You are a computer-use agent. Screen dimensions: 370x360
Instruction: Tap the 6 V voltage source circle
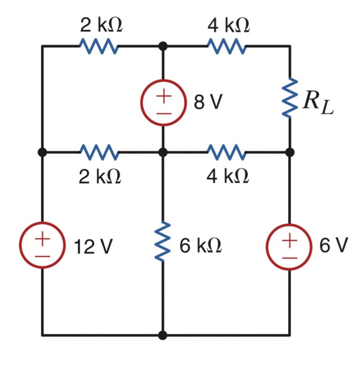(289, 246)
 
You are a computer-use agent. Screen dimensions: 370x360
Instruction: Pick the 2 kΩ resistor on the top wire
(100, 46)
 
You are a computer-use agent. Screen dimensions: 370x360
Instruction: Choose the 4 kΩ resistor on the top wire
(227, 46)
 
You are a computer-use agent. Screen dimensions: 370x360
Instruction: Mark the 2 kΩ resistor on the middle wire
(100, 152)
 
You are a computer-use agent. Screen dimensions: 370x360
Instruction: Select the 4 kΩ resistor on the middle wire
(227, 152)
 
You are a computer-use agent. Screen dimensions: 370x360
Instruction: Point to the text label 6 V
(334, 245)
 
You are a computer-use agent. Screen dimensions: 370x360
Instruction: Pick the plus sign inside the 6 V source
(289, 238)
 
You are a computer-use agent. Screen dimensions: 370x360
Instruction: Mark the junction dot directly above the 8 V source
(163, 46)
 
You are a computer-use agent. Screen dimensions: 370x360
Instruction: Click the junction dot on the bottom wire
(163, 335)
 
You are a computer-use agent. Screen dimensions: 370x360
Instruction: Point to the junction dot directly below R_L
(289, 152)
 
